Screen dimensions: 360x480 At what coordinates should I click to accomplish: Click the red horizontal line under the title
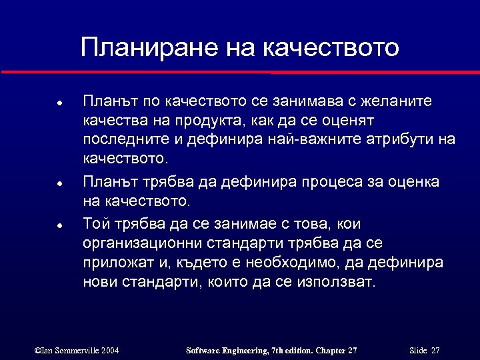point(240,71)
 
